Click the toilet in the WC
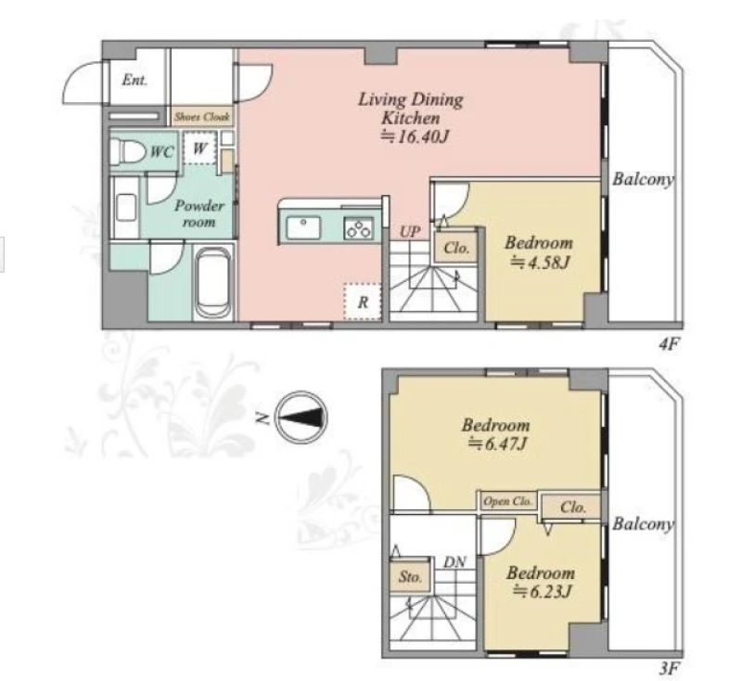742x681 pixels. pyautogui.click(x=128, y=151)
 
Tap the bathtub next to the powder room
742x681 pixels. pyautogui.click(x=214, y=283)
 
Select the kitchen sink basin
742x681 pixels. pyautogui.click(x=303, y=227)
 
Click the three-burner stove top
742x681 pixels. pyautogui.click(x=359, y=228)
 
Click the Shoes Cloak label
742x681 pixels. pyautogui.click(x=202, y=117)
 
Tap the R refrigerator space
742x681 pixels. pyautogui.click(x=363, y=302)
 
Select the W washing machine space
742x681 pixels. pyautogui.click(x=199, y=148)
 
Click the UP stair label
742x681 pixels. pyautogui.click(x=410, y=232)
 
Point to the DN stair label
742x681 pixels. pyautogui.click(x=454, y=562)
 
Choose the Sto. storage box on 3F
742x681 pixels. pyautogui.click(x=410, y=576)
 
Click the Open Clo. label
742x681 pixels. pyautogui.click(x=507, y=501)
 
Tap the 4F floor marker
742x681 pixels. pyautogui.click(x=669, y=344)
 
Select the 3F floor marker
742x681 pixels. pyautogui.click(x=669, y=669)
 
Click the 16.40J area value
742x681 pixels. pyautogui.click(x=416, y=136)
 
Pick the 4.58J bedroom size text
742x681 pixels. pyautogui.click(x=540, y=262)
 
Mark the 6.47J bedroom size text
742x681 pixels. pyautogui.click(x=498, y=443)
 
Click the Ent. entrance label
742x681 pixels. pyautogui.click(x=134, y=80)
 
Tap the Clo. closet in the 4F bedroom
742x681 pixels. pyautogui.click(x=456, y=248)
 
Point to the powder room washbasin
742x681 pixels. pyautogui.click(x=126, y=207)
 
